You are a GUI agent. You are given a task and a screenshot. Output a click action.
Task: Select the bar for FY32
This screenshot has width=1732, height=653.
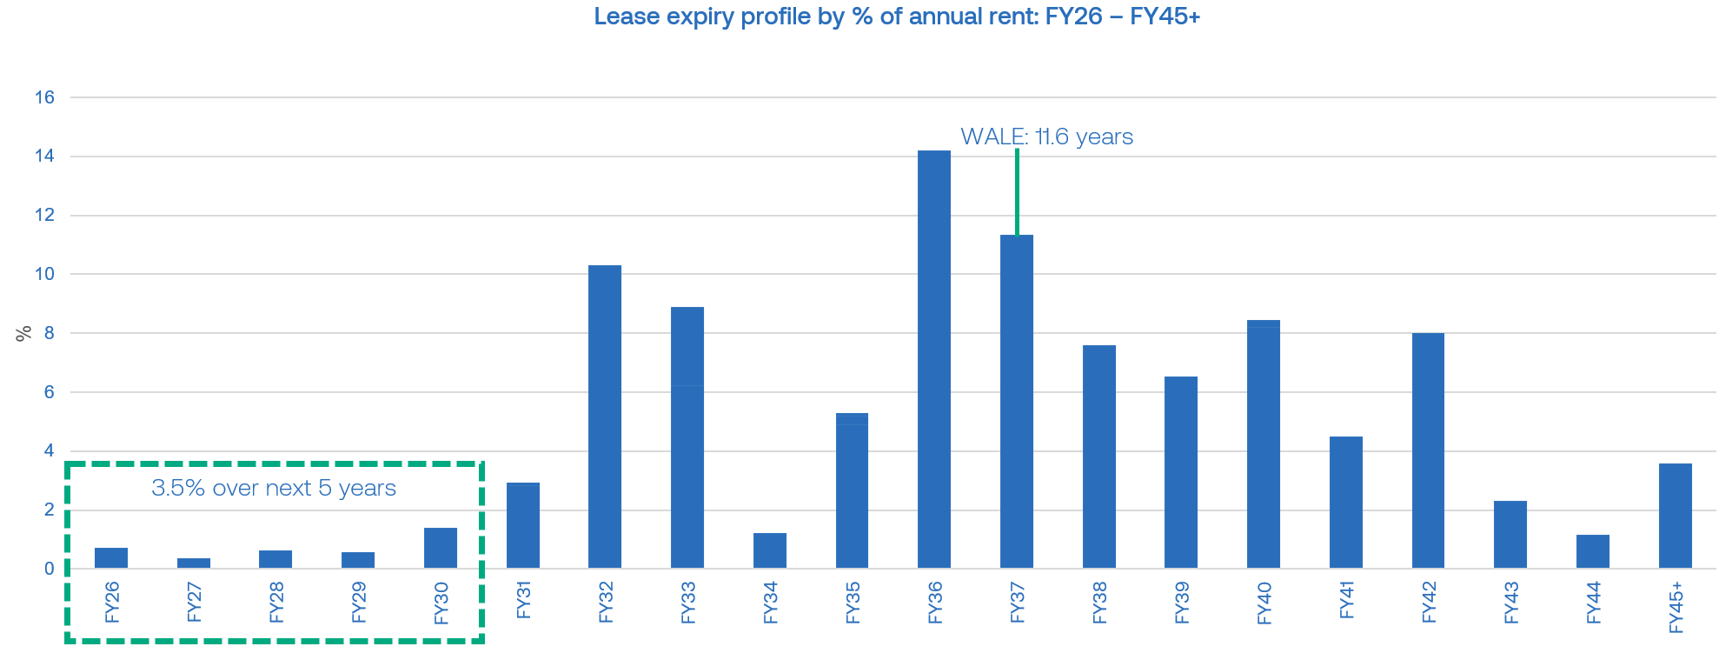(x=605, y=416)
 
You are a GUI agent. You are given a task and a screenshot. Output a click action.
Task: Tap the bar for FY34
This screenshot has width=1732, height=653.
(x=770, y=550)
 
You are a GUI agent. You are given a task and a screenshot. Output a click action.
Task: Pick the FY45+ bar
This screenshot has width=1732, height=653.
(x=1675, y=516)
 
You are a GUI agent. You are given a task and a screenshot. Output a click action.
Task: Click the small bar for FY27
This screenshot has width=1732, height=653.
(x=194, y=563)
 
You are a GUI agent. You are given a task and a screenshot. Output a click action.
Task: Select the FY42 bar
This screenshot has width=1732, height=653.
(x=1428, y=450)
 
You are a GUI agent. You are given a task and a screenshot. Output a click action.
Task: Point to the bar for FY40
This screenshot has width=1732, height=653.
(x=1264, y=443)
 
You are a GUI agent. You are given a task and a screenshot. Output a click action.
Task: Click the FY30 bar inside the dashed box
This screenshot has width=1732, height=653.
(x=441, y=548)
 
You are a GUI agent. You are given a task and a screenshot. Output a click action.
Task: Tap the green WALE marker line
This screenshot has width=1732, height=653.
(x=1017, y=191)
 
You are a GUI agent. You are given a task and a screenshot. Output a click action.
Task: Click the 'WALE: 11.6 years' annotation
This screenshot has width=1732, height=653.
(x=1046, y=137)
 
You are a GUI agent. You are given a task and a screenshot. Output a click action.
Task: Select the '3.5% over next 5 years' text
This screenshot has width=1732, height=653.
(x=274, y=488)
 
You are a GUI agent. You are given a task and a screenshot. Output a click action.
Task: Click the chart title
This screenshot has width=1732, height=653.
(x=897, y=17)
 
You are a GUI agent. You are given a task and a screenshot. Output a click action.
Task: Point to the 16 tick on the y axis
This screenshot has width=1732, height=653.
(x=44, y=97)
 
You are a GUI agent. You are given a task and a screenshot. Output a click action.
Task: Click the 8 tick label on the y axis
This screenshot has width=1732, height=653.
(x=49, y=333)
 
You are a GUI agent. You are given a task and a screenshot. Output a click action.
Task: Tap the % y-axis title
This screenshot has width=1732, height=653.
(x=23, y=333)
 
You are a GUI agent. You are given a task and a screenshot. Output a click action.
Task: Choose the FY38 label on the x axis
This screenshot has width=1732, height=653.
(x=1099, y=603)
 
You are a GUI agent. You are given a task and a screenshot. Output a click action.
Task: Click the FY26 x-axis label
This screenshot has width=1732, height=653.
(x=112, y=603)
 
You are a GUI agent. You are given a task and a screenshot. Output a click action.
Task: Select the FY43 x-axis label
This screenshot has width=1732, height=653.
(x=1511, y=603)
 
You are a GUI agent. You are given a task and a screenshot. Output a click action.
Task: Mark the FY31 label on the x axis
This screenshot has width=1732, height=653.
(x=523, y=600)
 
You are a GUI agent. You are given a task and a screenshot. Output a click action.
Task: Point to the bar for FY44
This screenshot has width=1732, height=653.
(x=1592, y=551)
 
